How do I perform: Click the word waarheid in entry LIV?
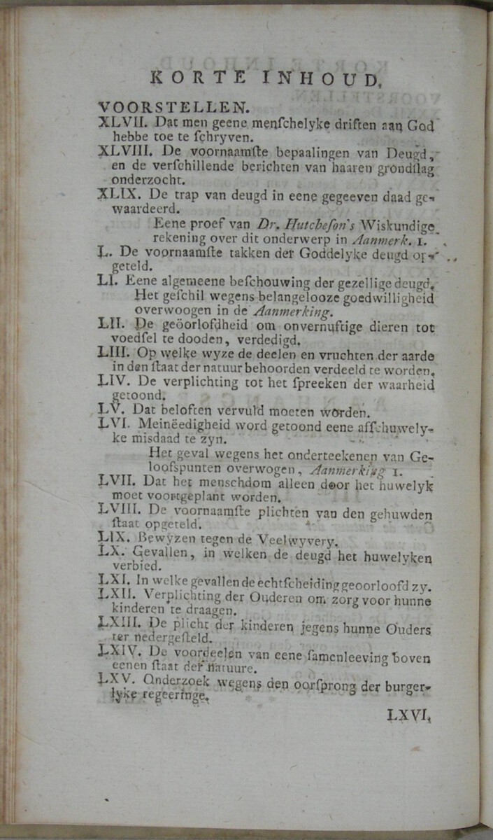pos(408,384)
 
